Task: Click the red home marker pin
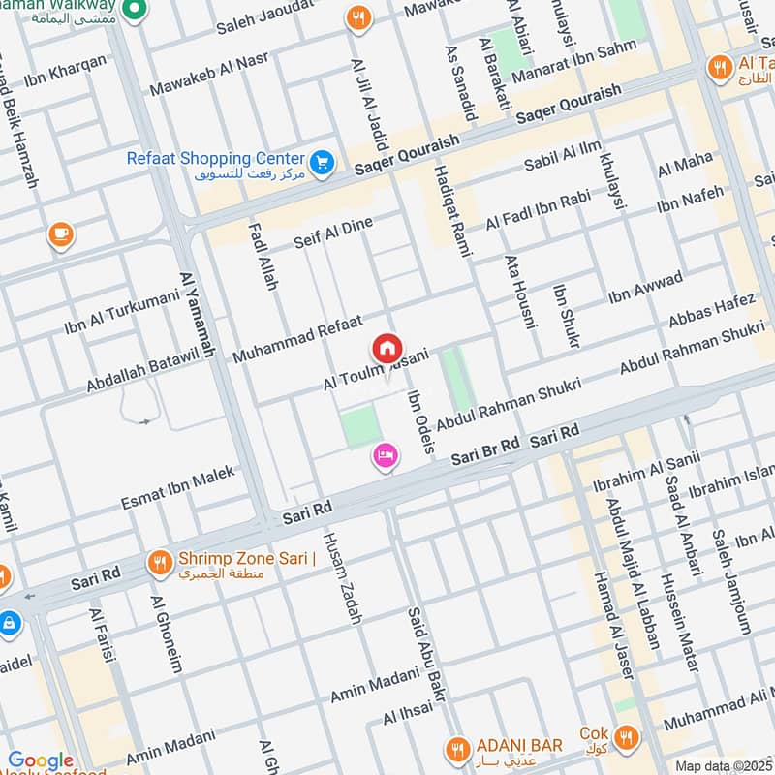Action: pos(387,348)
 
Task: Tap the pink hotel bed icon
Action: pos(385,455)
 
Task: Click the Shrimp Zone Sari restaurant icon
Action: pos(159,562)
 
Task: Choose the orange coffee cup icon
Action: pos(61,234)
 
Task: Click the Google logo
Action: pos(41,760)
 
